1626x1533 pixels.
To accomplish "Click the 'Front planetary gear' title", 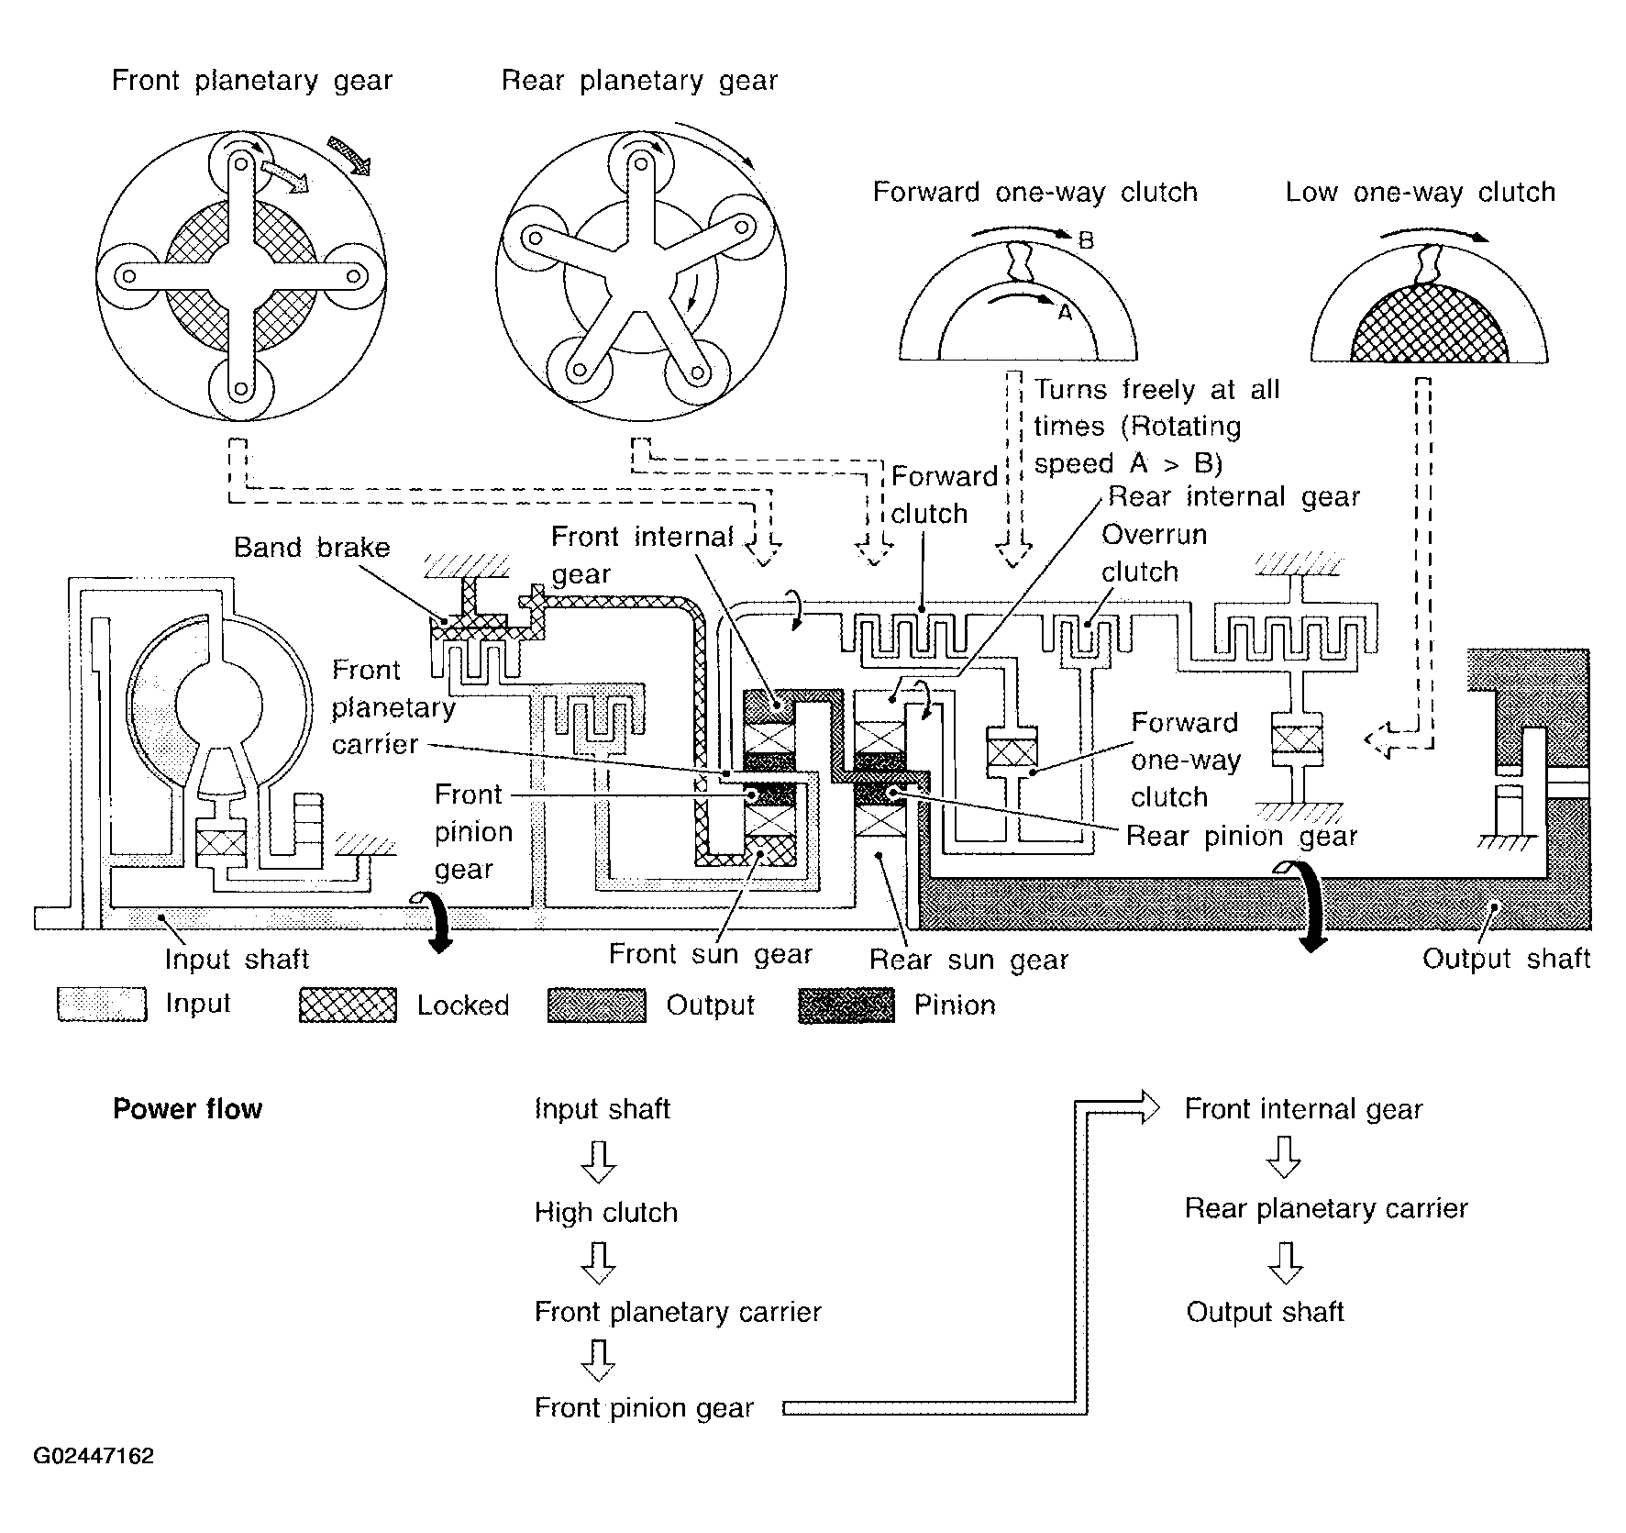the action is [252, 82].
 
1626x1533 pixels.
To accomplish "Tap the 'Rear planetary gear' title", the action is [639, 82].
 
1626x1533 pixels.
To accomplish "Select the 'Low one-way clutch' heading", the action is [1420, 193].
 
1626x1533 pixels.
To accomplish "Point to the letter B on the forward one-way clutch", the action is [1085, 241].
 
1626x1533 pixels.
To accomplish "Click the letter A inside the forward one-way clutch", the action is [1064, 313].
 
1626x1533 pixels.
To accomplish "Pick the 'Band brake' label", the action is [312, 548].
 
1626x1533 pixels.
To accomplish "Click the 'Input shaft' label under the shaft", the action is [237, 960].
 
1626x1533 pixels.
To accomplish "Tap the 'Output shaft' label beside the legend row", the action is [1506, 959].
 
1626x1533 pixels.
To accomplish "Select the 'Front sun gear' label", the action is [711, 955].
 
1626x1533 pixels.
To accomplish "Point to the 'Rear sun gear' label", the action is [969, 961].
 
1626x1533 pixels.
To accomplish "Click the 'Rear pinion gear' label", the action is [1242, 837].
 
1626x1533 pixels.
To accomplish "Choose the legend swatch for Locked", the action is [348, 1005].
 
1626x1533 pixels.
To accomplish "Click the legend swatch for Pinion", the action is [846, 1005].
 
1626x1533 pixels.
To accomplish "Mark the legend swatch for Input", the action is [102, 1005].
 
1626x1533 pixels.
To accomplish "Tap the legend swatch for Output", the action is [596, 1005].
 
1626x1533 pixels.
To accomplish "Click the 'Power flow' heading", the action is [187, 1109].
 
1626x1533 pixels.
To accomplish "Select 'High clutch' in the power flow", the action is [606, 1213].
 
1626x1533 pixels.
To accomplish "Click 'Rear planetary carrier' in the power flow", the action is [1326, 1209].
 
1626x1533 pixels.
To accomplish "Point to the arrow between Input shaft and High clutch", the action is [599, 1161].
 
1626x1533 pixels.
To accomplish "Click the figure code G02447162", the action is [94, 1457].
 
